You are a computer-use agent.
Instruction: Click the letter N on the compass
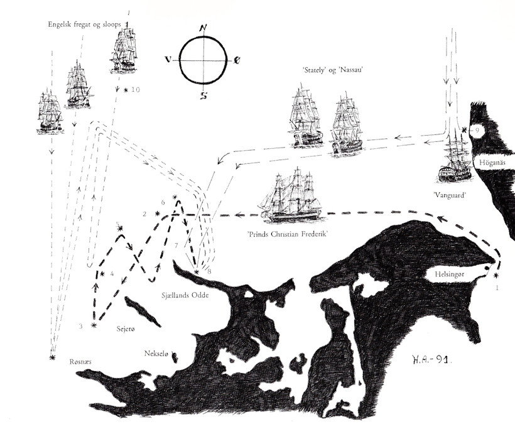[x=203, y=29]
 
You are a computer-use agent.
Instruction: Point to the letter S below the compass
[x=204, y=95]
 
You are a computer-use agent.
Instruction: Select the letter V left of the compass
[x=168, y=60]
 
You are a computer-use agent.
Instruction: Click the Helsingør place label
[x=449, y=274]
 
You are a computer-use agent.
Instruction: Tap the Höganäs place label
[x=492, y=163]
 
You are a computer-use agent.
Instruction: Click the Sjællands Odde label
[x=185, y=295]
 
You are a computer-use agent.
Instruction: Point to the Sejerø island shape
[x=143, y=312]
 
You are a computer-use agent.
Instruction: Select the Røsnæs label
[x=80, y=362]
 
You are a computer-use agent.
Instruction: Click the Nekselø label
[x=156, y=354]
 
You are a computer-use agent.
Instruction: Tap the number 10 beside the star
[x=135, y=89]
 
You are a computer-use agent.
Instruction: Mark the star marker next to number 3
[x=94, y=325]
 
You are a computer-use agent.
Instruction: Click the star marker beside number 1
[x=496, y=275]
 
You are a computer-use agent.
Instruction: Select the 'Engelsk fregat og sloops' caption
[x=84, y=24]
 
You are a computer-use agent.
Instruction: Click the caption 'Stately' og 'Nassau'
[x=332, y=70]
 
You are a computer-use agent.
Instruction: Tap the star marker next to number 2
[x=158, y=214]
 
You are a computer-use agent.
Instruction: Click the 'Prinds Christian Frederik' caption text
[x=288, y=234]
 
